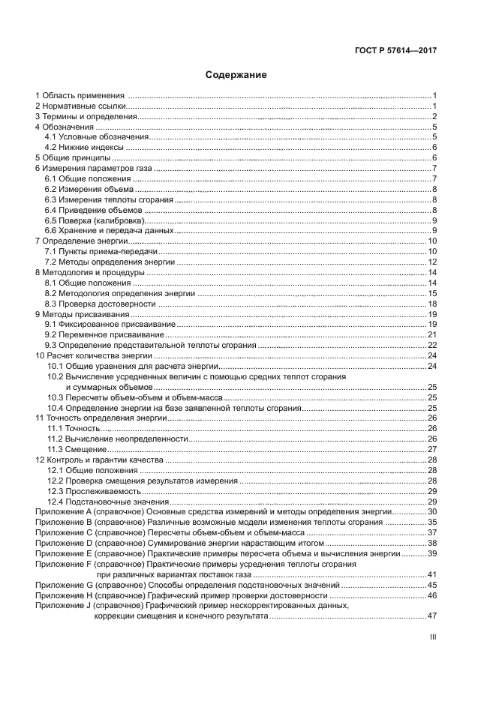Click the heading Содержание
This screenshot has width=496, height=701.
click(236, 75)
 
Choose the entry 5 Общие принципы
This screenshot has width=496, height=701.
click(74, 158)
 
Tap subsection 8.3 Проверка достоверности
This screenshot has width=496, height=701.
click(100, 304)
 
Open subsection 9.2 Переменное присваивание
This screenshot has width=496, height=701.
click(104, 334)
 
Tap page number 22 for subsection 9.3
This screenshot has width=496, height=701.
click(431, 345)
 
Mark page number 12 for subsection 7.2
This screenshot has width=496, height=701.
click(432, 262)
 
